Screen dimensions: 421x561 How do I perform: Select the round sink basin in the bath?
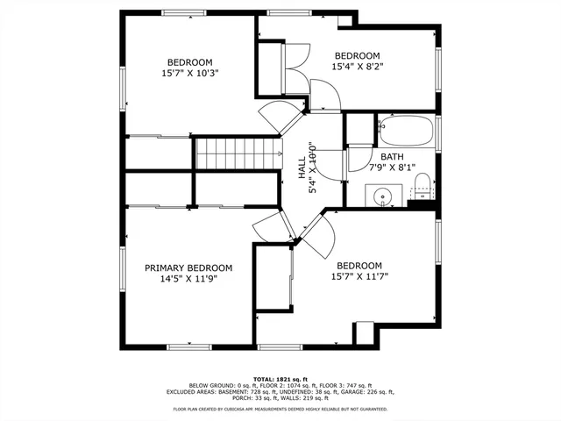(x=383, y=195)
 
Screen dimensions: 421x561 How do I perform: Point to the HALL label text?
(x=302, y=168)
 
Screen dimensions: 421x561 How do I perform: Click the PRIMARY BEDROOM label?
(x=188, y=268)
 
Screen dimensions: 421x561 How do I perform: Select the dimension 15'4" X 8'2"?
(x=357, y=66)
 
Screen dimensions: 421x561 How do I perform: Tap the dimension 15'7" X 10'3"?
(x=190, y=74)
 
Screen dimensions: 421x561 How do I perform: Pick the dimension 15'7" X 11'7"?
(x=359, y=277)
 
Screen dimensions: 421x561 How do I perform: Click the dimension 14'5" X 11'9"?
(x=188, y=279)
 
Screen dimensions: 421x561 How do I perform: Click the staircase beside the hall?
(x=237, y=154)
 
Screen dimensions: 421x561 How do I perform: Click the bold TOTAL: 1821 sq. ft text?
(x=280, y=377)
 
